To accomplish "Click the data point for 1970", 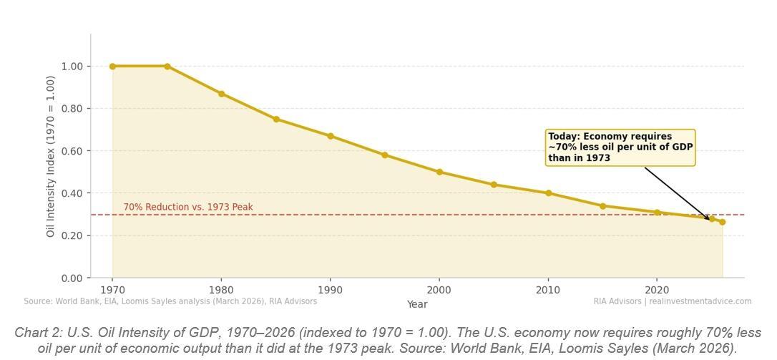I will pyautogui.click(x=112, y=67).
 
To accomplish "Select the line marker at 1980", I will pyautogui.click(x=222, y=94).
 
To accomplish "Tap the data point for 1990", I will pyautogui.click(x=331, y=136).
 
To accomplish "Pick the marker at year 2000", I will pyautogui.click(x=439, y=172).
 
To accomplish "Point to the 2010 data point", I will pyautogui.click(x=549, y=193).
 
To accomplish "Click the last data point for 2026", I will pyautogui.click(x=723, y=223).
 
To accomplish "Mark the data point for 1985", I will pyautogui.click(x=276, y=120).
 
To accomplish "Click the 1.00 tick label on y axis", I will pyautogui.click(x=72, y=67).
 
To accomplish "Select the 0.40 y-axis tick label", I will pyautogui.click(x=72, y=193).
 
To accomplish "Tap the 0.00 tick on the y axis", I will pyautogui.click(x=72, y=278).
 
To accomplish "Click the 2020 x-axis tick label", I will pyautogui.click(x=657, y=290).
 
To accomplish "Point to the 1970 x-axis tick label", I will pyautogui.click(x=112, y=290).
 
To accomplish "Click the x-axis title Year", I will pyautogui.click(x=417, y=304).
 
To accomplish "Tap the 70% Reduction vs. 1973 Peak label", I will pyautogui.click(x=188, y=208).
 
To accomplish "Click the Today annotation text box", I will pyautogui.click(x=620, y=147).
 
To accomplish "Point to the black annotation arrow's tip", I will pyautogui.click(x=710, y=220).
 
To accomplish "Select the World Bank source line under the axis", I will pyautogui.click(x=170, y=301).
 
